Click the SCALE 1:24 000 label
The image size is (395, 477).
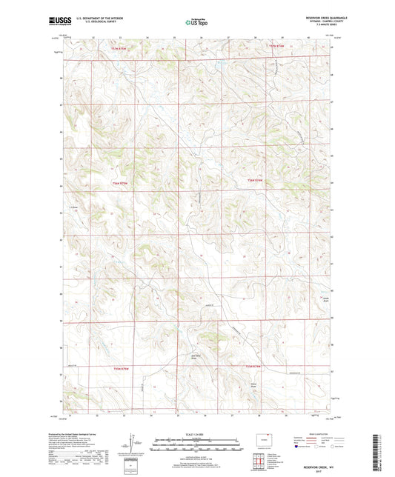click(x=197, y=436)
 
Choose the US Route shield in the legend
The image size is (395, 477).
click(x=317, y=447)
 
